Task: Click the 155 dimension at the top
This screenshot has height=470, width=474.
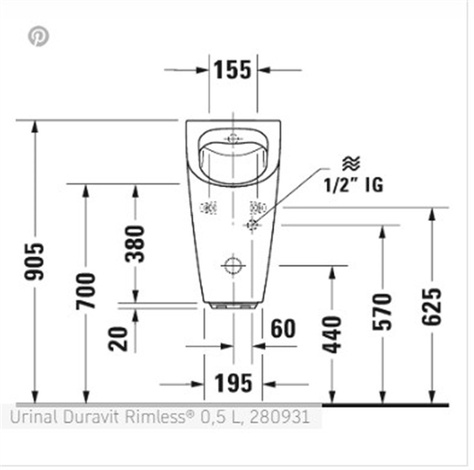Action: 233,70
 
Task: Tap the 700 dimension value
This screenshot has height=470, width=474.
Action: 86,290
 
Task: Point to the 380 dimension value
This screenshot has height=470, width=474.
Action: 135,244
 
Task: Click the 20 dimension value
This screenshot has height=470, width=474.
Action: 119,339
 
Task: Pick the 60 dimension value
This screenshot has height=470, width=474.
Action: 283,329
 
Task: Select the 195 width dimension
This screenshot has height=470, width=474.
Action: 233,383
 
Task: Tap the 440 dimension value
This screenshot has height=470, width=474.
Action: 332,334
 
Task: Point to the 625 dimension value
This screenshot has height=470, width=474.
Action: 431,306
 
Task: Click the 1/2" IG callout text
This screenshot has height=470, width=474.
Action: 354,185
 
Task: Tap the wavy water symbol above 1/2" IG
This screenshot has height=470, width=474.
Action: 351,163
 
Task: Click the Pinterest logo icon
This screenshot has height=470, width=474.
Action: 38,36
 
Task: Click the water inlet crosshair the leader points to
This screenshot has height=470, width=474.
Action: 252,225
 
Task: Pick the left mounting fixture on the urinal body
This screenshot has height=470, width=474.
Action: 209,207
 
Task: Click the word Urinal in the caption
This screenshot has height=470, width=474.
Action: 33,417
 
